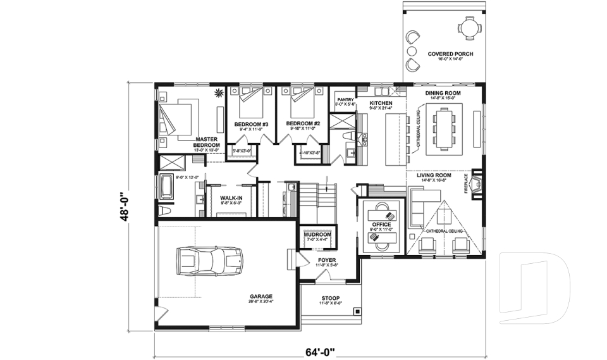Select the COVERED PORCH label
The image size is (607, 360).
450,54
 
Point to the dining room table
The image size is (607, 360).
442,128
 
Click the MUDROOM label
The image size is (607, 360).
318,235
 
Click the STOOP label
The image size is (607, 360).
330,298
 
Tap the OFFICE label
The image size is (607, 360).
381,225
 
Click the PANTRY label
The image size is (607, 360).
345,99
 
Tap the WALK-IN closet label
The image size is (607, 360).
230,198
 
